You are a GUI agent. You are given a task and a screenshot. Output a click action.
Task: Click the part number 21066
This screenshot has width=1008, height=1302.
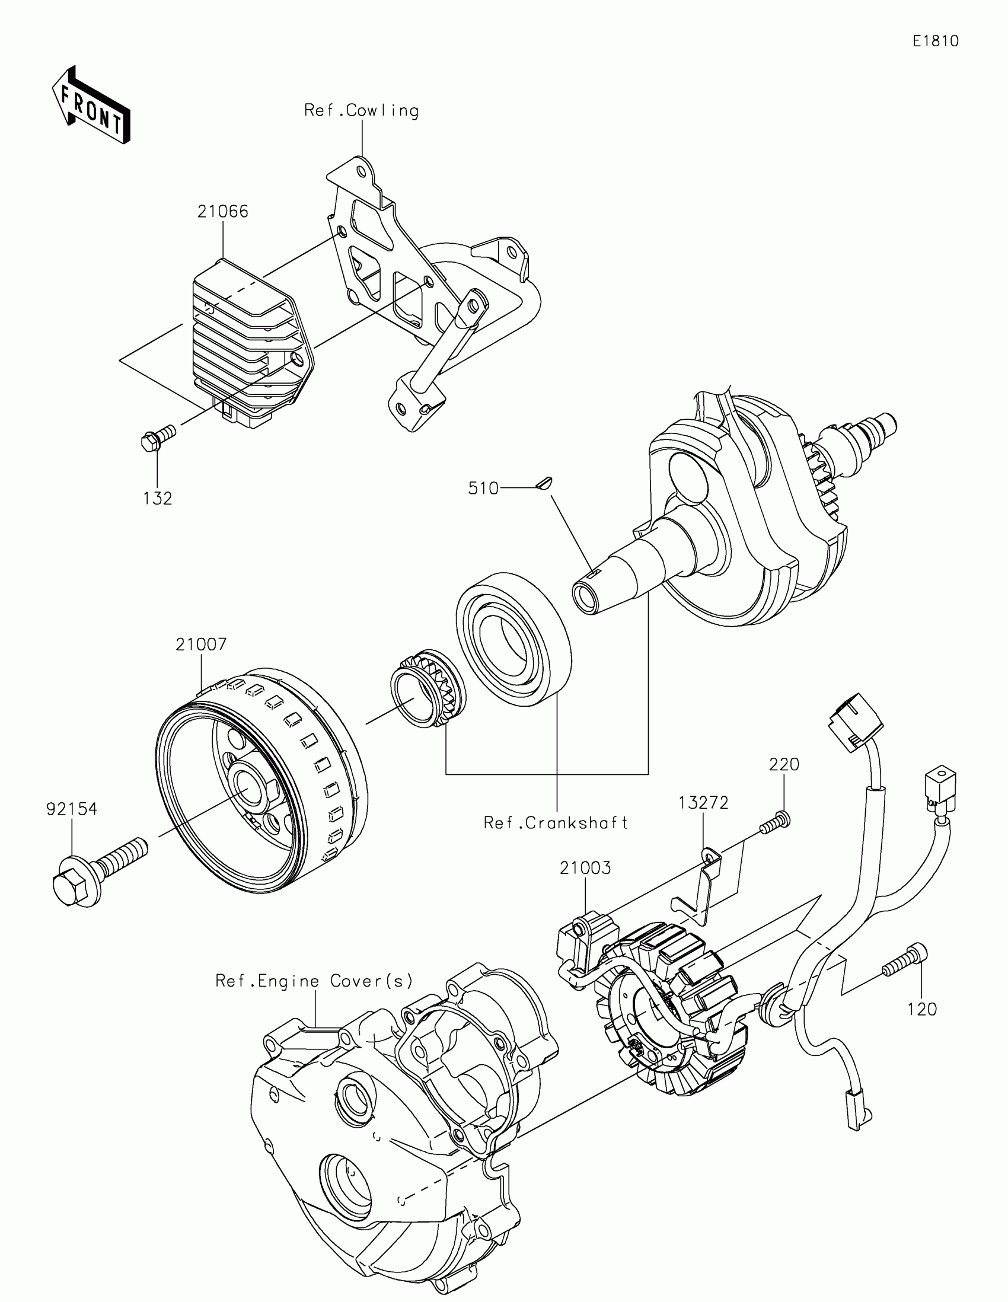pos(223,212)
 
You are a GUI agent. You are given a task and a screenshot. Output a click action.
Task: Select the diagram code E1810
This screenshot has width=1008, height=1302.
pos(935,41)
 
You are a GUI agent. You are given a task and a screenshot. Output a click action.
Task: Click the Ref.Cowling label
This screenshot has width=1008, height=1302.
pos(361,111)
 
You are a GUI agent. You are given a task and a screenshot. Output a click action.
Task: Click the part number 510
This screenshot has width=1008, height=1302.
pos(483,489)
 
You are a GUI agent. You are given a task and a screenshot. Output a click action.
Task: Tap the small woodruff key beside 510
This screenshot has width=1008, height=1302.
pos(545,482)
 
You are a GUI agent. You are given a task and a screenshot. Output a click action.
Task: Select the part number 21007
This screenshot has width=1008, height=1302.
pos(201,644)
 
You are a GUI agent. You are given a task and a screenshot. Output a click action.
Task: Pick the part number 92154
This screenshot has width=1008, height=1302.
pos(72,809)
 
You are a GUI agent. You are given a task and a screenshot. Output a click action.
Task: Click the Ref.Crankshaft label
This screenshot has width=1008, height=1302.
pos(556,823)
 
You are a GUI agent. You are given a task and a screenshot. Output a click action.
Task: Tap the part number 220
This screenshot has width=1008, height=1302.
pos(784,764)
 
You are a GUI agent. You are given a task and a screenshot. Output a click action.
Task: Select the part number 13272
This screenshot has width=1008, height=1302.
pos(703,803)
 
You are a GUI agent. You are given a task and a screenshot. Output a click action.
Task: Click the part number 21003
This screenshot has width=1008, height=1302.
pos(585,868)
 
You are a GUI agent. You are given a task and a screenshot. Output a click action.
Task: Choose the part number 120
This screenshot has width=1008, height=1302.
pos(922,1009)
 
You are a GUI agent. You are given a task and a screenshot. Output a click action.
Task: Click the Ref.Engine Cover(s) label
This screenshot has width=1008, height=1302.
pos(314,981)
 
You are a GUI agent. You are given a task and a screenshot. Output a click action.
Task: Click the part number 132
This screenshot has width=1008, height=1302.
pos(158,499)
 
